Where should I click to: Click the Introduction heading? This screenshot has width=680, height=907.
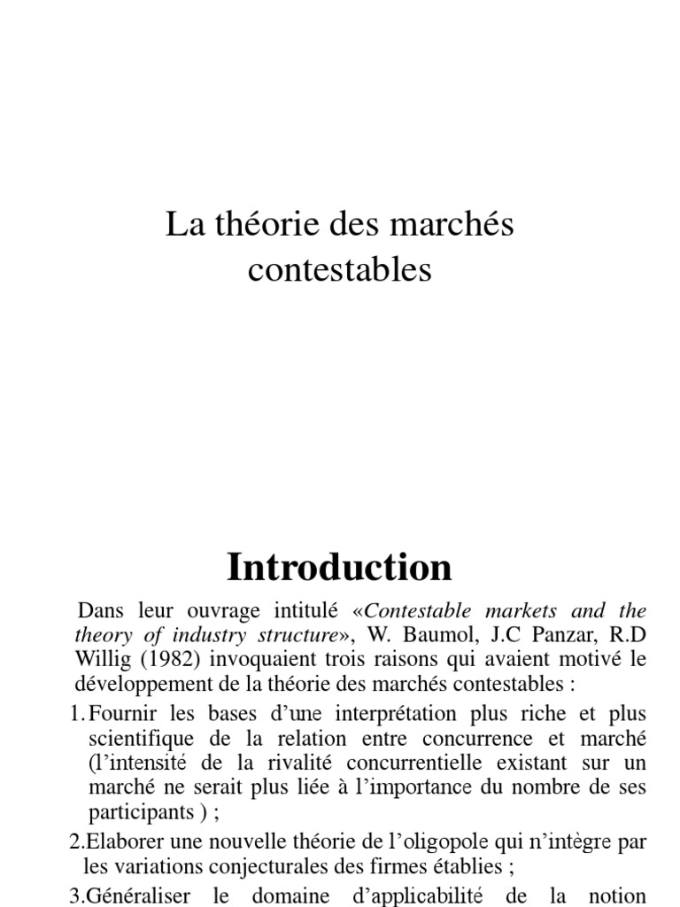click(339, 566)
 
